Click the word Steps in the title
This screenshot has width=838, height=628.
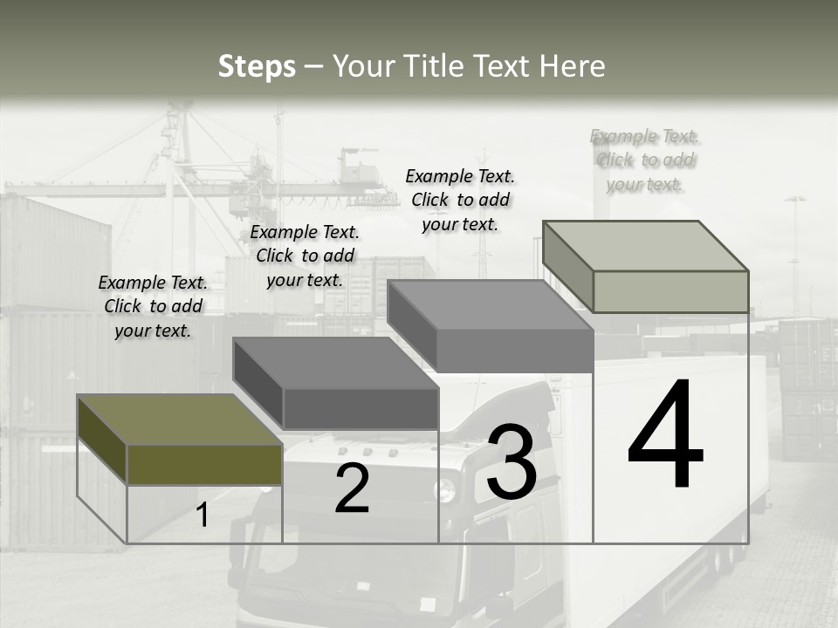coord(257,66)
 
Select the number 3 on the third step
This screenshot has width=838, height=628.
coord(512,462)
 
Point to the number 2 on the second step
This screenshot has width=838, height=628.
coord(352,488)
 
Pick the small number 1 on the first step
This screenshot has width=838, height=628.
coord(203,515)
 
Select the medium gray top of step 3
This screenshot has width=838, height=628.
coord(489,305)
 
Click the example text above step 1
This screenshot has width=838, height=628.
coord(153,306)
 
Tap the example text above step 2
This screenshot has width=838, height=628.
coord(305,256)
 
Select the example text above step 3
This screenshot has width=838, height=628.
coord(460,200)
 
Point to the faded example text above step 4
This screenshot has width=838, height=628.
coord(645,160)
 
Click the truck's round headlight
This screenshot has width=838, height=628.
coord(446,490)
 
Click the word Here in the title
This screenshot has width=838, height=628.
coord(572,66)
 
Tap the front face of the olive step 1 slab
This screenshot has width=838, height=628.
coord(204,464)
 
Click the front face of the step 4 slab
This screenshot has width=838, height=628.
coord(670,291)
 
